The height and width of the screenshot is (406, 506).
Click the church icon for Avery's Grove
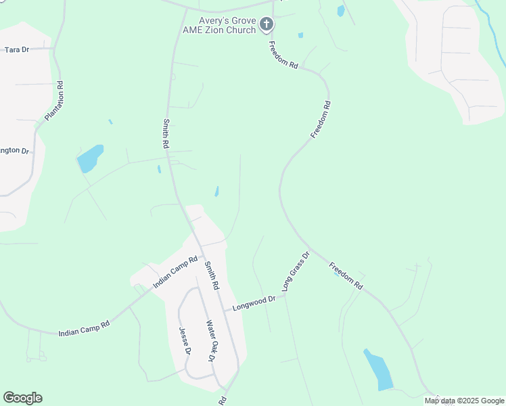click(267, 25)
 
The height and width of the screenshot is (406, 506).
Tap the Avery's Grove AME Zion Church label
click(218, 25)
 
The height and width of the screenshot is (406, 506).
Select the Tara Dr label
click(18, 49)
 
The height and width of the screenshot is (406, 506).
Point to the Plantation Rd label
click(54, 101)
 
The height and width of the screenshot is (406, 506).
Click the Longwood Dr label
click(254, 302)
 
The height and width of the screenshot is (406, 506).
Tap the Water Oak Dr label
click(210, 341)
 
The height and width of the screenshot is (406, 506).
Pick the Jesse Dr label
click(185, 342)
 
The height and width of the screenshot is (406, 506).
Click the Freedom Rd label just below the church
click(283, 56)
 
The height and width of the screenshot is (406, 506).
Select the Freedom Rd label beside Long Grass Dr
click(346, 277)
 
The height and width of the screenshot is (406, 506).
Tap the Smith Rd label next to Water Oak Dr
click(212, 276)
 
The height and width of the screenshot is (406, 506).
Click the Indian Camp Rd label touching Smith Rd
click(175, 272)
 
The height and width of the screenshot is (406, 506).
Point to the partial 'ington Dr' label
click(15, 150)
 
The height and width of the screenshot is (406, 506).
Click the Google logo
click(22, 398)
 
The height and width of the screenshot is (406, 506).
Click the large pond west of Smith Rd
click(90, 159)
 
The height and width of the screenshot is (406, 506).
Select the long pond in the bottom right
click(378, 369)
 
